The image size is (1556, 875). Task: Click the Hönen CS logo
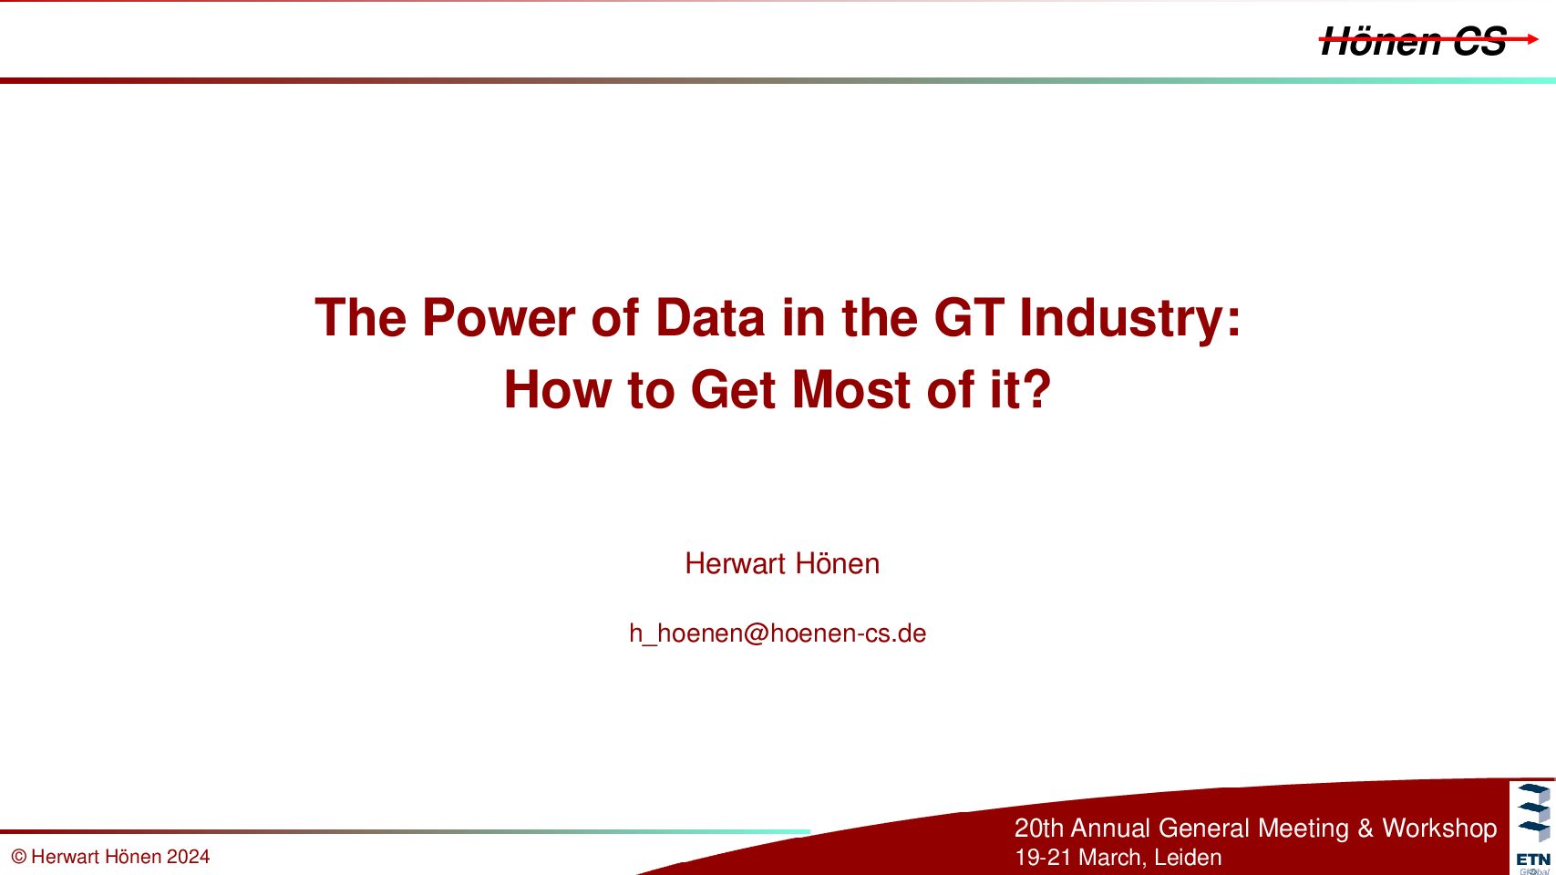pyautogui.click(x=1428, y=41)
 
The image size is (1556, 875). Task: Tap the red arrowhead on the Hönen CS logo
pyautogui.click(x=1532, y=39)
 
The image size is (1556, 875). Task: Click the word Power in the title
pyautogui.click(x=498, y=318)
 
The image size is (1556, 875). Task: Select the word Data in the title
pyautogui.click(x=709, y=318)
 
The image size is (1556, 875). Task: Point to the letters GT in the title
pyautogui.click(x=968, y=318)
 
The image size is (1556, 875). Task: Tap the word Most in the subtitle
pyautogui.click(x=851, y=390)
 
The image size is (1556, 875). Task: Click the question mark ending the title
pyautogui.click(x=1036, y=389)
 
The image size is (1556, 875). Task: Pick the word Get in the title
pyautogui.click(x=733, y=390)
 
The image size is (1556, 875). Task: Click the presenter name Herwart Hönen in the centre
pyautogui.click(x=782, y=563)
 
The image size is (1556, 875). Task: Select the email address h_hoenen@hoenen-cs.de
pyautogui.click(x=778, y=633)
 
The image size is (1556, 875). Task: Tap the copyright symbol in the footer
pyautogui.click(x=19, y=857)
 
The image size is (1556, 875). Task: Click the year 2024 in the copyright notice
pyautogui.click(x=188, y=857)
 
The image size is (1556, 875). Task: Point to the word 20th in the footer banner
pyautogui.click(x=1039, y=829)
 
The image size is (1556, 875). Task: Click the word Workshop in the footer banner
pyautogui.click(x=1439, y=829)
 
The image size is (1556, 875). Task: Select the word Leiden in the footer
pyautogui.click(x=1188, y=858)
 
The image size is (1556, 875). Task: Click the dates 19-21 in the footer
pyautogui.click(x=1044, y=858)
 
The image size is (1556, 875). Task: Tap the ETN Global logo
pyautogui.click(x=1533, y=828)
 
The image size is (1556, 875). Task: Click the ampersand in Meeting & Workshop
pyautogui.click(x=1365, y=829)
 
